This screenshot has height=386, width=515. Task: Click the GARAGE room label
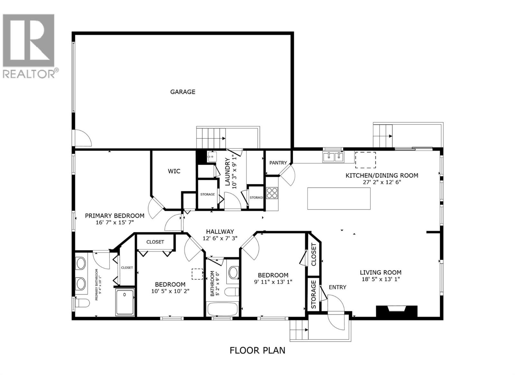click(x=183, y=92)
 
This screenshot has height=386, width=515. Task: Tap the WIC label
click(x=174, y=171)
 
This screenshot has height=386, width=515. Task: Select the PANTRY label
click(x=278, y=163)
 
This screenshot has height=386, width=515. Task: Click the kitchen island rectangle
click(x=339, y=198)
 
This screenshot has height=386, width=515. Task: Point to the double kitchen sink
click(x=333, y=157)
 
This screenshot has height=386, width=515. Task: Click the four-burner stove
click(x=272, y=193)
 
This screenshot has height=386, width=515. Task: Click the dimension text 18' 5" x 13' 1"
click(x=380, y=279)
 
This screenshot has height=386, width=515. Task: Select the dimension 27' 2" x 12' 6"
click(x=382, y=182)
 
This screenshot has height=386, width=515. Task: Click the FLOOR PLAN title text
click(x=257, y=350)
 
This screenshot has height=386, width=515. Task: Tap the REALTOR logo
click(x=29, y=45)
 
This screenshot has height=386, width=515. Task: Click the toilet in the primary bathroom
click(x=82, y=303)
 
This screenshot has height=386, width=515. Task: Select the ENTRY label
click(x=337, y=287)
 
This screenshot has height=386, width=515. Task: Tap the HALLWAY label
click(x=220, y=232)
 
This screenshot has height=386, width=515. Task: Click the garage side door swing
click(x=83, y=138)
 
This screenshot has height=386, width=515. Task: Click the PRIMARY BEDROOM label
click(x=114, y=216)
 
